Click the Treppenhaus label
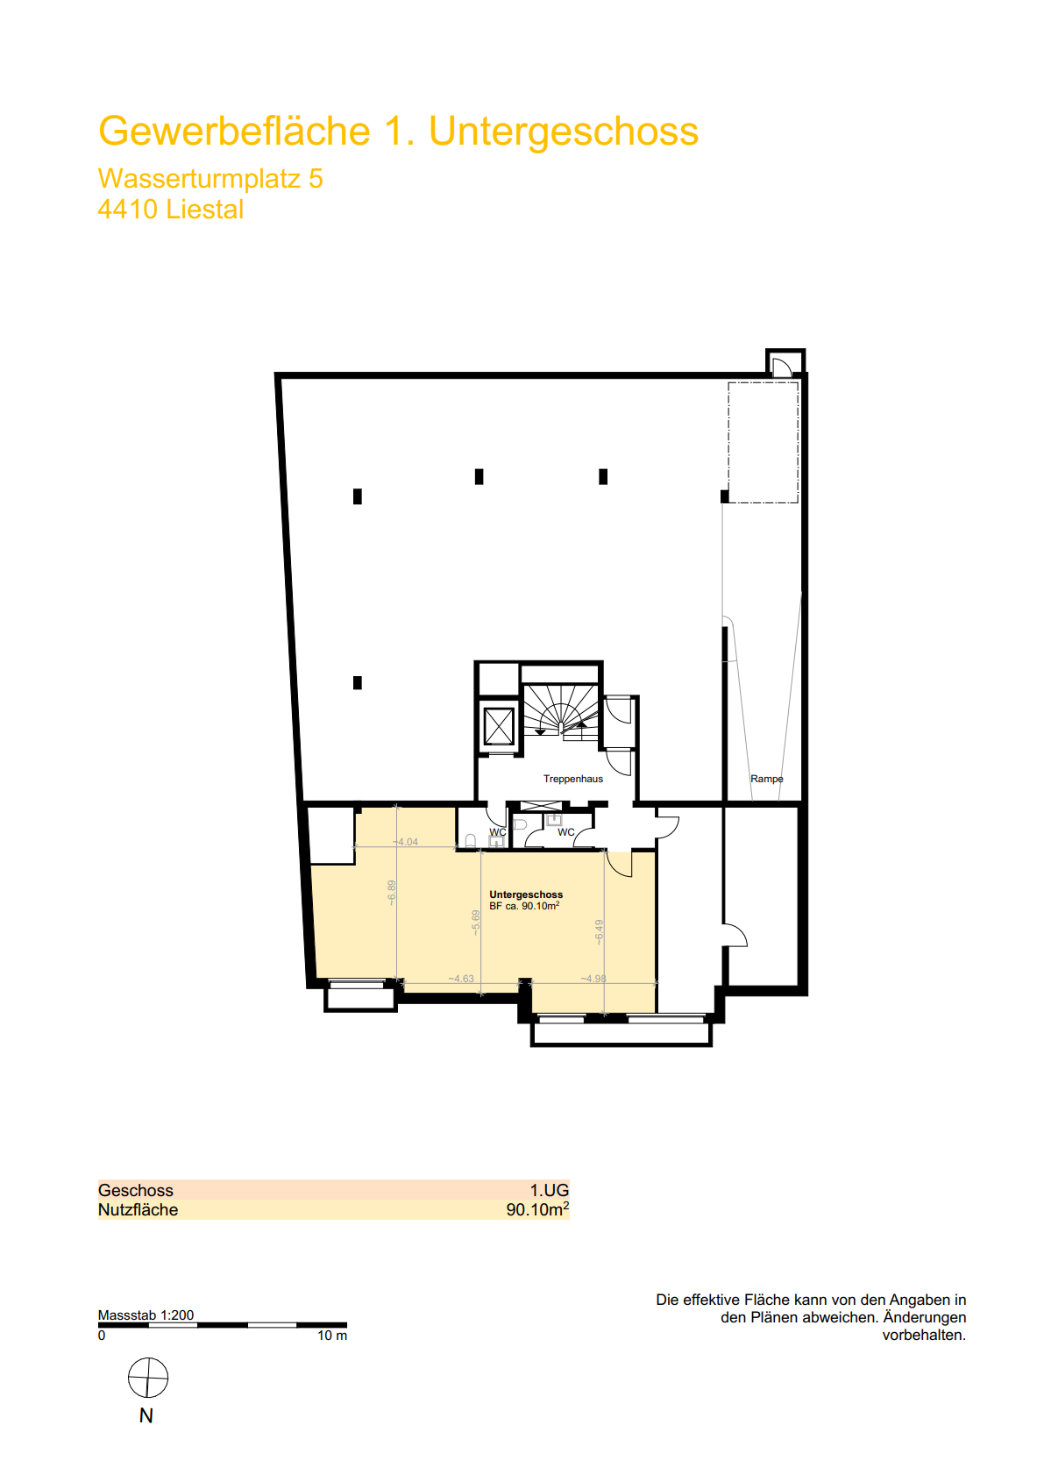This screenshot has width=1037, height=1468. click(572, 779)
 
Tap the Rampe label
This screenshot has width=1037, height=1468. click(766, 779)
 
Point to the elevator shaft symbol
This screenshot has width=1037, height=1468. click(499, 725)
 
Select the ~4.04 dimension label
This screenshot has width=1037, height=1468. click(405, 842)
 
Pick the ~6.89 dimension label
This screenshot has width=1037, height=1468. click(392, 893)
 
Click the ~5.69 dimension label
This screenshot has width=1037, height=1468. click(476, 922)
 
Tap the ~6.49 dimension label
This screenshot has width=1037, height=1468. click(599, 932)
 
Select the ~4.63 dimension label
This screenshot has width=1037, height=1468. click(460, 979)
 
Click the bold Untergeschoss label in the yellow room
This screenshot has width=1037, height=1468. click(526, 894)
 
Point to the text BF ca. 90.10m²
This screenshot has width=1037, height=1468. click(524, 906)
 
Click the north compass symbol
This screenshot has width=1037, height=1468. click(148, 1379)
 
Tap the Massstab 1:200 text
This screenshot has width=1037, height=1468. click(146, 1315)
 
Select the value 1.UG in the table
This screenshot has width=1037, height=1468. click(549, 1190)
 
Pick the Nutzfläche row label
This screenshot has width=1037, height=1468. click(138, 1210)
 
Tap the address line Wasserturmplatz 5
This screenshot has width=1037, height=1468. click(210, 178)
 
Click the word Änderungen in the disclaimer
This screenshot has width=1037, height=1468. click(924, 1317)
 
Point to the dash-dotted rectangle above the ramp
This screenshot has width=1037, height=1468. click(764, 443)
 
